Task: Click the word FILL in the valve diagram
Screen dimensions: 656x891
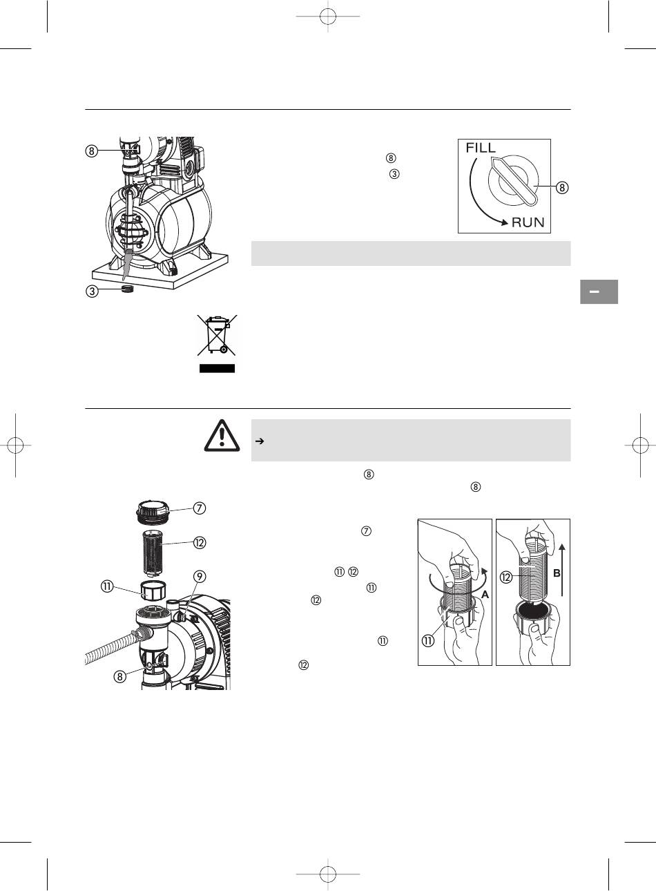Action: pyautogui.click(x=481, y=148)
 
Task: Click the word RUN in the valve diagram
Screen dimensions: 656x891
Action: pyautogui.click(x=528, y=222)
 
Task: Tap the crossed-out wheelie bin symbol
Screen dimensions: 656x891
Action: pyautogui.click(x=217, y=334)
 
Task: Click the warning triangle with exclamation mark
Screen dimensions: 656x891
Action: pyautogui.click(x=222, y=436)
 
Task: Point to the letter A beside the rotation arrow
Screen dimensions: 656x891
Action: pyautogui.click(x=485, y=595)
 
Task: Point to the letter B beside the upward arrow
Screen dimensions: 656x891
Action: pyautogui.click(x=557, y=573)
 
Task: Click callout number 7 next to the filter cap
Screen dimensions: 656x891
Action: pyautogui.click(x=200, y=508)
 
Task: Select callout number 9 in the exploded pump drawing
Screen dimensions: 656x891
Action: pyautogui.click(x=200, y=577)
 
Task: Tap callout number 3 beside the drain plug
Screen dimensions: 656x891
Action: pyautogui.click(x=92, y=291)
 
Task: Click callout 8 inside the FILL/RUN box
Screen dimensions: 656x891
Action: pyautogui.click(x=561, y=187)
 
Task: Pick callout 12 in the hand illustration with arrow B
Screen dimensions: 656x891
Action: pyautogui.click(x=506, y=577)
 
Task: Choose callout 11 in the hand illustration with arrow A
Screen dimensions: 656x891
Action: pyautogui.click(x=428, y=641)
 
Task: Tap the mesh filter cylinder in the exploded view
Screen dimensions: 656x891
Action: pyautogui.click(x=153, y=553)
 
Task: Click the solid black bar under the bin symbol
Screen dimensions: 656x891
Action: pyautogui.click(x=217, y=368)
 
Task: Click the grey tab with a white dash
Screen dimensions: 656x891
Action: pyautogui.click(x=599, y=292)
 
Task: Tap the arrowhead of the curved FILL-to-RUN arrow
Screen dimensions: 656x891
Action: pyautogui.click(x=505, y=222)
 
